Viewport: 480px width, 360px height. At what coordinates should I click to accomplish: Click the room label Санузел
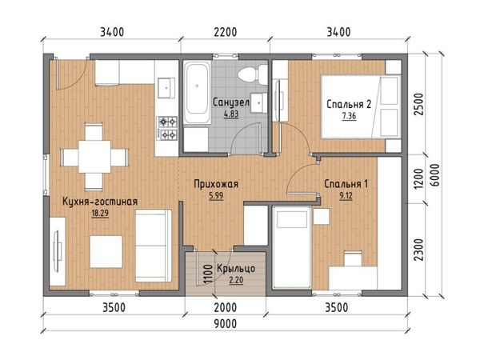point(231,102)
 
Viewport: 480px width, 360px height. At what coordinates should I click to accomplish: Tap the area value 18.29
point(100,213)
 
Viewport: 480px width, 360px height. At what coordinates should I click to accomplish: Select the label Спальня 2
point(349,104)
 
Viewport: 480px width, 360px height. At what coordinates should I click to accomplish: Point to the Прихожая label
point(216,184)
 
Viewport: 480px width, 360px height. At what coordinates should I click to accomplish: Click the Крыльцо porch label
point(236,269)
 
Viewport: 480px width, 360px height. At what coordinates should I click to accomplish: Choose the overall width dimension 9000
point(226,323)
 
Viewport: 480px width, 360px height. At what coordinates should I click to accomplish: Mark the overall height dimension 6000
point(434,174)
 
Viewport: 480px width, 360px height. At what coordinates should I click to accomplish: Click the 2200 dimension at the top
point(226,32)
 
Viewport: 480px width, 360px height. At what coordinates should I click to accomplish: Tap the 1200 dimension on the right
point(418,178)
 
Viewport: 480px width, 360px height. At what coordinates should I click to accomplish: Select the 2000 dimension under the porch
point(226,307)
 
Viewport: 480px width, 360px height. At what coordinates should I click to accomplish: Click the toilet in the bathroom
point(253,74)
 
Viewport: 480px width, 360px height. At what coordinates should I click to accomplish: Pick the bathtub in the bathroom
point(197,92)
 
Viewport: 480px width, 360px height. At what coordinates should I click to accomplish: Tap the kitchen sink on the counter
point(166,87)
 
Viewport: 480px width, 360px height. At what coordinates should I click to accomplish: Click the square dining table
point(94,157)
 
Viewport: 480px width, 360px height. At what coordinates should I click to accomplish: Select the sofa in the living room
point(154,246)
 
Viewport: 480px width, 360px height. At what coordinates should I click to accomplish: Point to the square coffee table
point(106,252)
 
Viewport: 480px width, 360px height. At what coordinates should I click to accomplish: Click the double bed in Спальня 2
point(361,106)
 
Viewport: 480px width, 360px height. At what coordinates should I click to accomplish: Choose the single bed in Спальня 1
point(292,247)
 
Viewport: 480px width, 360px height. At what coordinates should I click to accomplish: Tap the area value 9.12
point(346,196)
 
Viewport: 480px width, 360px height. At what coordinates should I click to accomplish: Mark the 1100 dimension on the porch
point(208,274)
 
